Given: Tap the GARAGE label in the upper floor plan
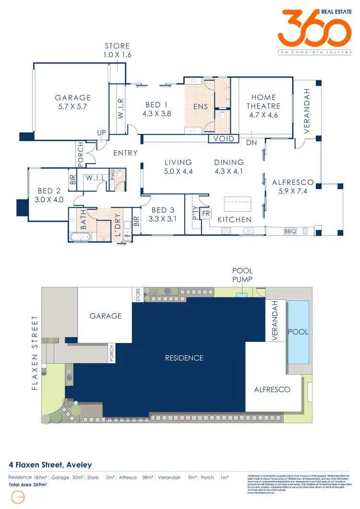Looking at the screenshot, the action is [x=73, y=102].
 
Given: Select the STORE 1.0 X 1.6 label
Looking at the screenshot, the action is [x=118, y=50].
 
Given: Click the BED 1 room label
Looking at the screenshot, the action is [x=157, y=109].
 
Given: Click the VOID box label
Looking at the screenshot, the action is [x=224, y=139].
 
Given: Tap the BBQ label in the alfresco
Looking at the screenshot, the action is [x=290, y=231].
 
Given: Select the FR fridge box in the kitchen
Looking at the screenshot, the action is [x=206, y=213].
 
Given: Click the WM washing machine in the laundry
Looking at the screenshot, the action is [x=127, y=236].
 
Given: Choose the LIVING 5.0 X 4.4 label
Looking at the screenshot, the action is [x=178, y=167].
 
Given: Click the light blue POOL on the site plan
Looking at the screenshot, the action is [x=298, y=331].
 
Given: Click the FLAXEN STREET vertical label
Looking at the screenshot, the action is [x=35, y=353].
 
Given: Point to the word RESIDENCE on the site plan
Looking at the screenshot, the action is [x=184, y=358].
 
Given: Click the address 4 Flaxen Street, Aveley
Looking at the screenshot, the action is [x=50, y=465].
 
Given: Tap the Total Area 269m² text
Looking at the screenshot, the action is [x=28, y=485].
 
